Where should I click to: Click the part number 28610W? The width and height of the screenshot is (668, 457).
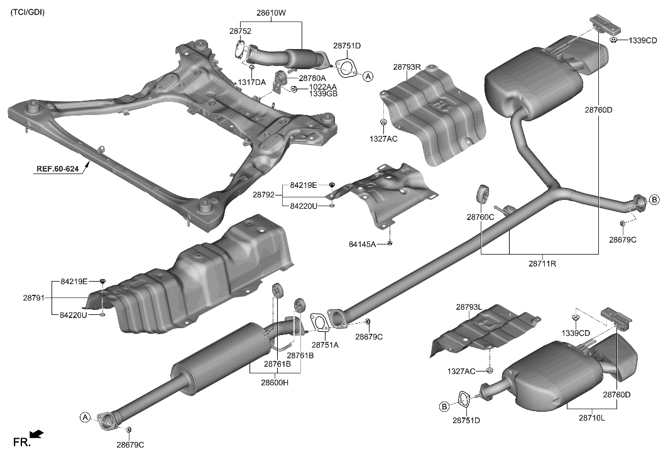[271, 13]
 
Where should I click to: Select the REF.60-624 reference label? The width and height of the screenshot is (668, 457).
[61, 169]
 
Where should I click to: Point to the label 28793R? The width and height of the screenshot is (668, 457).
[407, 67]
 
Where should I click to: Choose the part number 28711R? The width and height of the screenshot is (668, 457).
[542, 264]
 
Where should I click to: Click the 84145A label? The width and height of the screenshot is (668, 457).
[362, 243]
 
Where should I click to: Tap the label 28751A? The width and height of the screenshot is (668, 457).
[325, 345]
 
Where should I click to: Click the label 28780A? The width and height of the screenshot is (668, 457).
[312, 78]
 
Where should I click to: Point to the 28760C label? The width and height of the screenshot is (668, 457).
[480, 217]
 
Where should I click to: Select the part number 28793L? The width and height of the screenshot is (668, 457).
[469, 307]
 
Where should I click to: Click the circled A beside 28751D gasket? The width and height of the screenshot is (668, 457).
[368, 76]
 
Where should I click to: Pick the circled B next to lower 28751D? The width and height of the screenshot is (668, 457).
[444, 407]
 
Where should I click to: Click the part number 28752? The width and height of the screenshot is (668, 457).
[241, 30]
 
